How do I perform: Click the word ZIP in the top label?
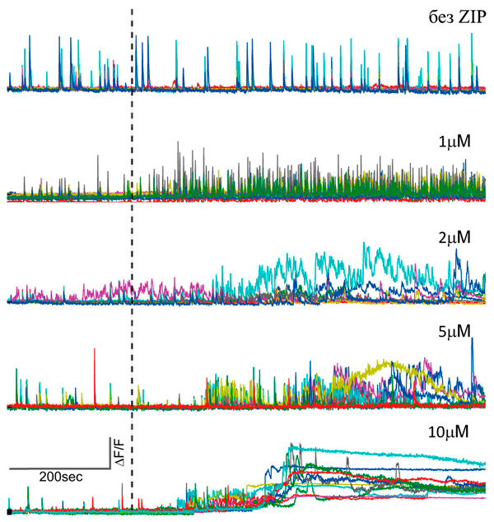click(x=469, y=14)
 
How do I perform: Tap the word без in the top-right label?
click(x=436, y=14)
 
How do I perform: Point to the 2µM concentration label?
click(x=454, y=238)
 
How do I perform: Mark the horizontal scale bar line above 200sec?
click(x=59, y=468)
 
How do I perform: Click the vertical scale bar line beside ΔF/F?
click(x=110, y=454)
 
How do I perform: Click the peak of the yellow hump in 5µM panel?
click(x=393, y=361)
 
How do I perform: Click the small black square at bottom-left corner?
click(x=7, y=512)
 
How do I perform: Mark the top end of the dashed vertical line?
click(x=132, y=10)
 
